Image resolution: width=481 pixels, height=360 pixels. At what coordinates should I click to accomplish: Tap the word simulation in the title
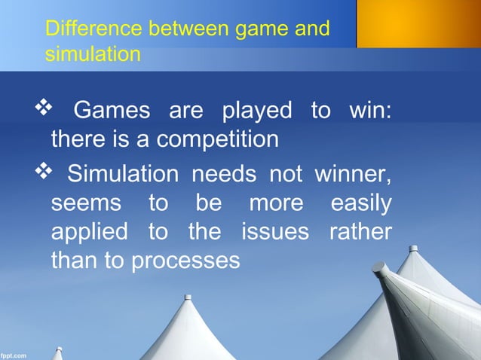(93, 54)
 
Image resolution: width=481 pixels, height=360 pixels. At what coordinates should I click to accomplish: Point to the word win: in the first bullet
(370, 111)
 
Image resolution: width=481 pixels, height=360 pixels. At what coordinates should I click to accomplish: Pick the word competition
(219, 139)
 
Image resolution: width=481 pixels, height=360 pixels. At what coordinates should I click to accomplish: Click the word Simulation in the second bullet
(124, 175)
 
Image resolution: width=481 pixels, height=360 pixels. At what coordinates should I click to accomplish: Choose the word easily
(361, 203)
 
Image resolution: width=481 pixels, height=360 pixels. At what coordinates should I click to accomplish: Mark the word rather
(360, 231)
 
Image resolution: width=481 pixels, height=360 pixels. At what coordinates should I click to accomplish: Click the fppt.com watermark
(14, 354)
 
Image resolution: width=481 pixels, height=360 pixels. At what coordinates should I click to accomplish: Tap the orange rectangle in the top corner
(418, 23)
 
